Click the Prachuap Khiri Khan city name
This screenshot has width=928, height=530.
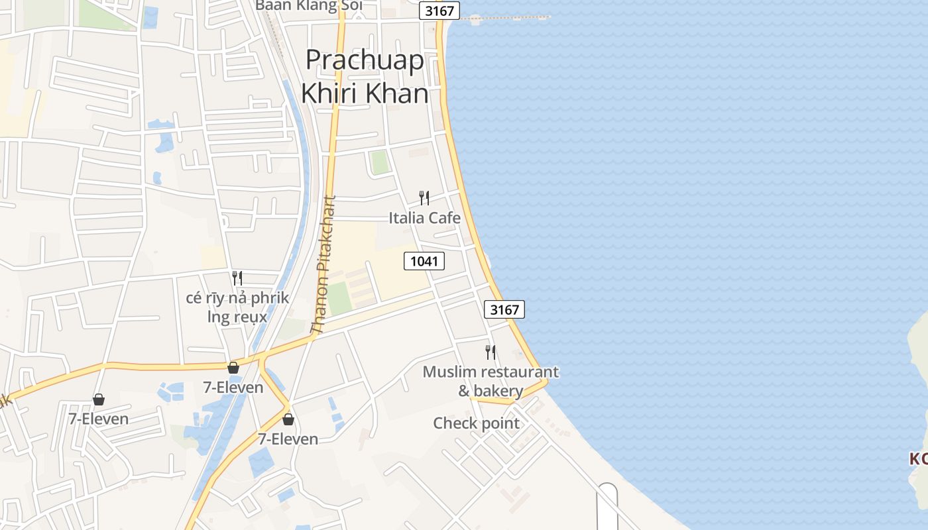[365, 77]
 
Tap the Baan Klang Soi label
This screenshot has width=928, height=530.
[309, 5]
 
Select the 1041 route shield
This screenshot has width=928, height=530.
[424, 261]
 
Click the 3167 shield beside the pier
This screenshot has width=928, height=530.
[439, 11]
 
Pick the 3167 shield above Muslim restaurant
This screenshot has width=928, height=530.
[504, 309]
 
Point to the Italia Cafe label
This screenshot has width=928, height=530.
[424, 217]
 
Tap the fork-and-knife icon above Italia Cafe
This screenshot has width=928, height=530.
[424, 197]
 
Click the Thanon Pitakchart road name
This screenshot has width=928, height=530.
[325, 265]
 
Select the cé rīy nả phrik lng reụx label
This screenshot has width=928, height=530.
[237, 307]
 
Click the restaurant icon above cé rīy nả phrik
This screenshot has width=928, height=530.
[237, 278]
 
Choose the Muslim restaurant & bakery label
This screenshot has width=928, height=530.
[491, 381]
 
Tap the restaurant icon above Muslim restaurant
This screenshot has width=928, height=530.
[491, 352]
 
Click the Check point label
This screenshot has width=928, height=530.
[476, 423]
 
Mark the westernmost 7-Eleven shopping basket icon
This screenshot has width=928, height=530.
[99, 399]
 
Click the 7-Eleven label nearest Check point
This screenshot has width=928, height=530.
[288, 439]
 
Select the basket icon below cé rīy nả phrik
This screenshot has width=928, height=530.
[233, 368]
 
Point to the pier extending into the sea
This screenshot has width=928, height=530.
[507, 18]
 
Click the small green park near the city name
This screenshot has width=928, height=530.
[379, 162]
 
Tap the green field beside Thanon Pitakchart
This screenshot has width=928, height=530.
[339, 299]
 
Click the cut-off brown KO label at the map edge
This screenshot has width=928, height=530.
[918, 458]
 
